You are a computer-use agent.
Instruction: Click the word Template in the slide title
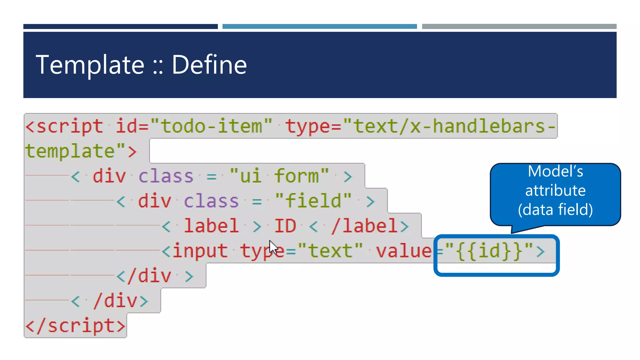tap(90, 65)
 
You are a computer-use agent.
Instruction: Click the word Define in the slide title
tap(209, 65)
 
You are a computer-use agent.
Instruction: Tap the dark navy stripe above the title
tap(120, 27)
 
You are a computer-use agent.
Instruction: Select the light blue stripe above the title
tap(319, 27)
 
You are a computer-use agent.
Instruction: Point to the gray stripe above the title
tap(519, 27)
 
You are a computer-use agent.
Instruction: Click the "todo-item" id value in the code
tap(211, 126)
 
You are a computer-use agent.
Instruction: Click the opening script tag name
tap(70, 126)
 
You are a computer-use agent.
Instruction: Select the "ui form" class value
tap(279, 176)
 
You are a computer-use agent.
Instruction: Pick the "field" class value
tap(313, 201)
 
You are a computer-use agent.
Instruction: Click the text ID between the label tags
tap(285, 226)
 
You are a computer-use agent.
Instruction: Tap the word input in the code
tap(200, 251)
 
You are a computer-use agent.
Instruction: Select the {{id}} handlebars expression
tap(489, 251)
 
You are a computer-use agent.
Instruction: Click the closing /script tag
tap(75, 326)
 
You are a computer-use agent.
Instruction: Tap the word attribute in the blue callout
tap(555, 190)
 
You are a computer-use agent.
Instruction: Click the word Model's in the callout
tap(555, 171)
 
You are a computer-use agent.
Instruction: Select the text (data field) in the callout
tap(555, 209)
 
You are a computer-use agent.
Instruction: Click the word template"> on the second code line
tap(81, 151)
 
